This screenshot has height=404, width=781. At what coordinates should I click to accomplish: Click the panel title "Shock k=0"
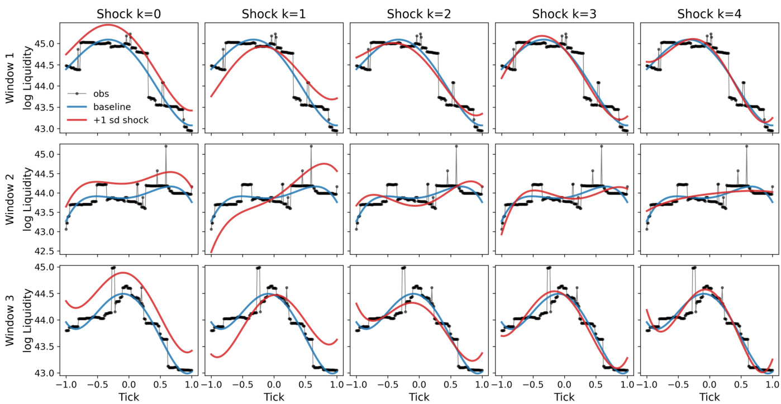[128, 14]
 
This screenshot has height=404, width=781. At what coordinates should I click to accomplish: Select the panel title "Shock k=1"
[274, 14]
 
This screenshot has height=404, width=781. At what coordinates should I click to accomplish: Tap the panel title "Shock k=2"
[419, 14]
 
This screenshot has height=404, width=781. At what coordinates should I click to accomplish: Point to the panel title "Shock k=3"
[564, 14]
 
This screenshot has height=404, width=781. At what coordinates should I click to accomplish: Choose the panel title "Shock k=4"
[709, 14]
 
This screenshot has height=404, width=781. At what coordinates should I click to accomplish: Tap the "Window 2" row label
[11, 199]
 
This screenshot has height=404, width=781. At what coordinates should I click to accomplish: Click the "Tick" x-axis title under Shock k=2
[419, 397]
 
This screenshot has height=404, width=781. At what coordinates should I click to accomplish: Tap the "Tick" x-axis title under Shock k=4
[709, 397]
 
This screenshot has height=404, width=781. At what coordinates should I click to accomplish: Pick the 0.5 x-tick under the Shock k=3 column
[596, 385]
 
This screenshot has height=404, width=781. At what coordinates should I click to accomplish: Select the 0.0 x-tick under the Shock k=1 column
[274, 385]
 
